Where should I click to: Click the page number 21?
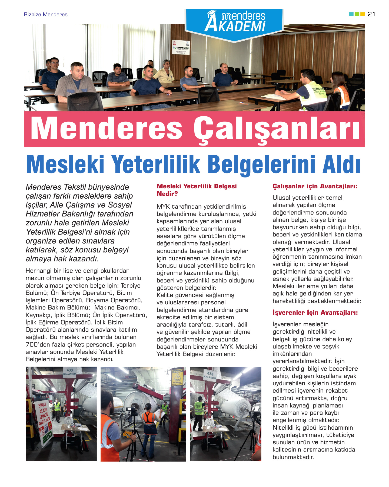[x=371, y=14]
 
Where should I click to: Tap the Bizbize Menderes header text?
[x=46, y=15]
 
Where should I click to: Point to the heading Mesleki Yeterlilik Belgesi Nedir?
[x=197, y=190]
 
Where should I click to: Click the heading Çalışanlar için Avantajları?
[x=315, y=186]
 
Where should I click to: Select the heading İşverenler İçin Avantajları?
[x=315, y=313]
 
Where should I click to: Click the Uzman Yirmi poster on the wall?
[x=181, y=47]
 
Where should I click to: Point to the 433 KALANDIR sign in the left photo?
[x=69, y=371]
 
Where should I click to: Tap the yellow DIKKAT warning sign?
[x=177, y=378]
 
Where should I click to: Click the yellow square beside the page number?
[x=363, y=14]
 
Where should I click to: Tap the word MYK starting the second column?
[x=163, y=207]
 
